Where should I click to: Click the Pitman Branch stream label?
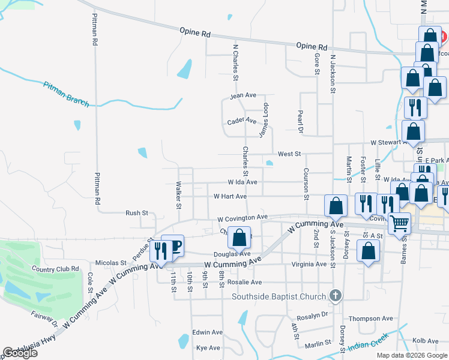point(66,94)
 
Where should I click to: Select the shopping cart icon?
point(399,224)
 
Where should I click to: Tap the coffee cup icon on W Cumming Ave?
point(173,247)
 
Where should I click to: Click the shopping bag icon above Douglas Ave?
point(239,238)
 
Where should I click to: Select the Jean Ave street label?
point(243,95)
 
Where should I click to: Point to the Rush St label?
point(137,213)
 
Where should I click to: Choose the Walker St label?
point(178,196)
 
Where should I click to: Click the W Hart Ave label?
point(230,196)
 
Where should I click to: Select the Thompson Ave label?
point(371,319)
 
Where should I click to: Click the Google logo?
point(20,353)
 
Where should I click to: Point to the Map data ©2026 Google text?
point(412,355)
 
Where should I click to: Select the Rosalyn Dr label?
point(312,314)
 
